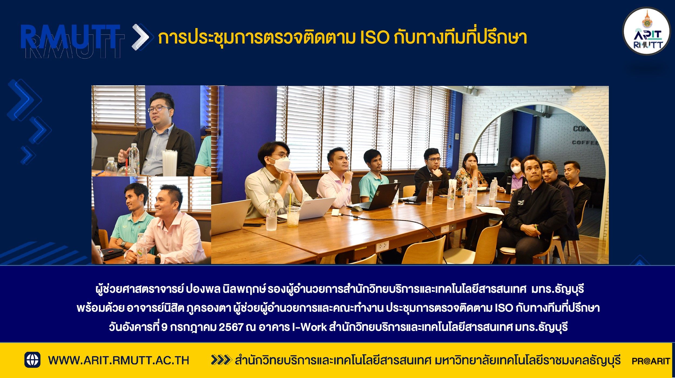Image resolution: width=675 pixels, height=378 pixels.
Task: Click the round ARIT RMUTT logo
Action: pyautogui.click(x=646, y=31)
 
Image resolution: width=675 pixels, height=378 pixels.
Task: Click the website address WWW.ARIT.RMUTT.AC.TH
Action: pyautogui.click(x=119, y=360)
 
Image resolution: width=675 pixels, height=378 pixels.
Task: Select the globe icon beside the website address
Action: pyautogui.click(x=32, y=360)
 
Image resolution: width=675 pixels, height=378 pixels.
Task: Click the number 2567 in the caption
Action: pyautogui.click(x=231, y=327)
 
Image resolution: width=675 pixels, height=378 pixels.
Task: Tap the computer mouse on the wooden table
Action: pyautogui.click(x=357, y=209)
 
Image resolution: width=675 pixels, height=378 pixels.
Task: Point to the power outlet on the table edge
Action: pyautogui.click(x=382, y=246)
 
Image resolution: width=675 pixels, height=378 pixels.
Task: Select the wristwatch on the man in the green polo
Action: pyautogui.click(x=123, y=245)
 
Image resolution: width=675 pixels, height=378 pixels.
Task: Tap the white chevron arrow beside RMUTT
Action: pyautogui.click(x=140, y=37)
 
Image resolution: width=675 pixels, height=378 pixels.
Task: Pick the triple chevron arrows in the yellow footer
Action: pyautogui.click(x=221, y=360)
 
